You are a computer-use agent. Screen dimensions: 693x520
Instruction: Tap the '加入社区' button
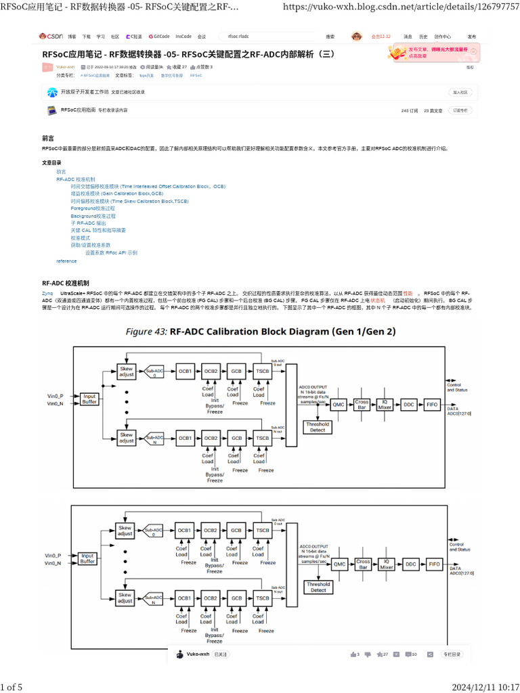pyautogui.click(x=460, y=92)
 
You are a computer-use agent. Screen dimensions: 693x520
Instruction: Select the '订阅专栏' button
pyautogui.click(x=460, y=110)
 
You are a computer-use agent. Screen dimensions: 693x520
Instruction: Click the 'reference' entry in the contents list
pyautogui.click(x=66, y=261)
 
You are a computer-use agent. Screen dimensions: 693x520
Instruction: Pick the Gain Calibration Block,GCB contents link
pyautogui.click(x=116, y=194)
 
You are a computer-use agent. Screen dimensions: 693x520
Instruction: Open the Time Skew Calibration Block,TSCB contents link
pyautogui.click(x=129, y=201)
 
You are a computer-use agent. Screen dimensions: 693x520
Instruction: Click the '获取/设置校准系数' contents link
pyautogui.click(x=91, y=245)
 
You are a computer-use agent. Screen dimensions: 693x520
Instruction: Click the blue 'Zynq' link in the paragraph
pyautogui.click(x=47, y=293)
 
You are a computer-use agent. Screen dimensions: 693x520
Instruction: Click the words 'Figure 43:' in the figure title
pyautogui.click(x=146, y=332)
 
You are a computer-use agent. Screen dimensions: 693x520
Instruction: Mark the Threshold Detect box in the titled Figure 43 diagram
pyautogui.click(x=318, y=427)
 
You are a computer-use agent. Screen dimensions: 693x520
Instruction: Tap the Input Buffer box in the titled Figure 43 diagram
pyautogui.click(x=89, y=399)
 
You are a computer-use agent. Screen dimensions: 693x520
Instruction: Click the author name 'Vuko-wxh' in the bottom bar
pyautogui.click(x=198, y=654)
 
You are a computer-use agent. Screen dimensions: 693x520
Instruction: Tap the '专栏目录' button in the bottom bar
pyautogui.click(x=452, y=654)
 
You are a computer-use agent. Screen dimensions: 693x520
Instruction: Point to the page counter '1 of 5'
pyautogui.click(x=12, y=688)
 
